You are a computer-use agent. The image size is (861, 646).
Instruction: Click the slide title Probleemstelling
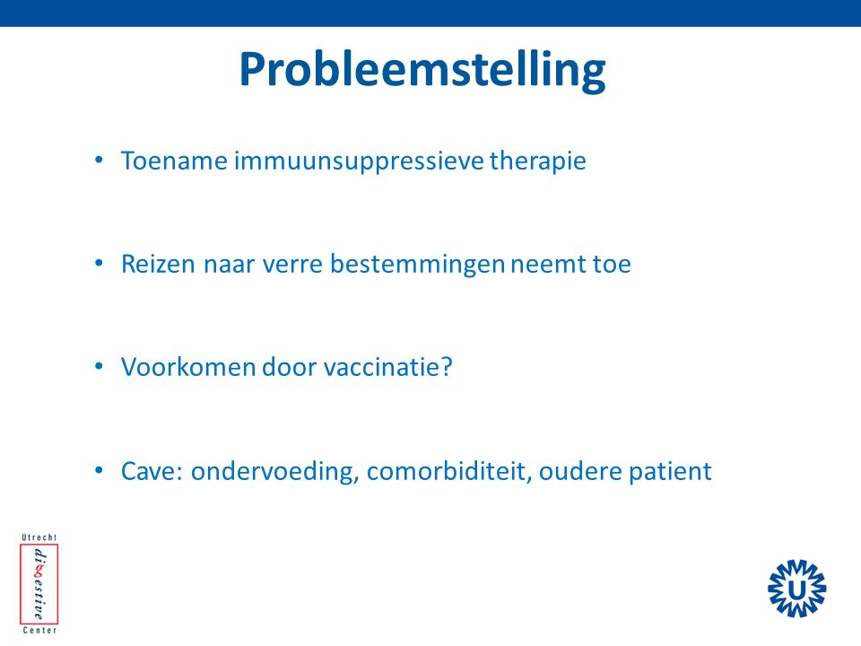click(422, 70)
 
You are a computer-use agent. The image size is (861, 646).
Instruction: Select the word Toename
click(174, 161)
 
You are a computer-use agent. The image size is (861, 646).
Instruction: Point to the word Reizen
click(158, 264)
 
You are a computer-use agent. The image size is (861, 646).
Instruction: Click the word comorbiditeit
click(449, 471)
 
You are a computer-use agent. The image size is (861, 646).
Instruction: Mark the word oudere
click(580, 471)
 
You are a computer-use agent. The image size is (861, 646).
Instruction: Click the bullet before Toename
click(99, 161)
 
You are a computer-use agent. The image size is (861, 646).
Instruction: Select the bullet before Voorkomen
click(99, 367)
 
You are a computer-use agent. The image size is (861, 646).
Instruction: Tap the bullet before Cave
click(99, 471)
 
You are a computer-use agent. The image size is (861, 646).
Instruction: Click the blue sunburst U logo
click(796, 589)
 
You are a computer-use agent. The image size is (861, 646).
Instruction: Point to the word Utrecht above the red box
click(39, 537)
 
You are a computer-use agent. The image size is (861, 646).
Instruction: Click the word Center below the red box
click(39, 631)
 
